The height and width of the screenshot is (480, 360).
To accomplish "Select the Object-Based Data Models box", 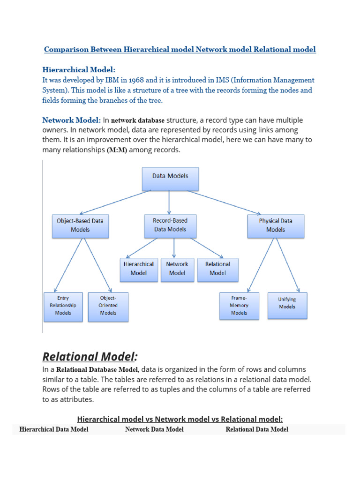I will [x=80, y=225].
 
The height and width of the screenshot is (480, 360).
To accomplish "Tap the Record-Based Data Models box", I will [x=170, y=225].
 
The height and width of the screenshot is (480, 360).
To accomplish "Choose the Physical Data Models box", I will [x=276, y=225].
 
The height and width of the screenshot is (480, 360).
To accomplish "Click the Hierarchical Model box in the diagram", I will [x=139, y=269].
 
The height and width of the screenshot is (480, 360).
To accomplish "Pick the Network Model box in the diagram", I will [x=177, y=269].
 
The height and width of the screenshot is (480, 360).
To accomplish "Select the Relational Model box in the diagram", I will [x=217, y=269].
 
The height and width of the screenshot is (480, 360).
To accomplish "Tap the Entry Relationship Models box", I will [x=63, y=306].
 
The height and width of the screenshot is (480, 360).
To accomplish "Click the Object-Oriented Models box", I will [x=108, y=306].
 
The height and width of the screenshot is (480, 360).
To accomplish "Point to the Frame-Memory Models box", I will [x=239, y=306].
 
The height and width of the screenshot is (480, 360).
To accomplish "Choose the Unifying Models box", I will [x=287, y=304].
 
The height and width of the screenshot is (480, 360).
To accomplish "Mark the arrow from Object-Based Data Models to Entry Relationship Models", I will [x=69, y=265].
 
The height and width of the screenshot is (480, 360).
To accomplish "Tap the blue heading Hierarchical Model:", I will [x=79, y=69].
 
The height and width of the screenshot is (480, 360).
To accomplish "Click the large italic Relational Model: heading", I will [x=90, y=357].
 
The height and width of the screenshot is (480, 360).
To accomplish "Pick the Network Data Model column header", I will [x=154, y=429].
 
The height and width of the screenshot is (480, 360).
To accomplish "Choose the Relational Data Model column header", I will [x=257, y=429].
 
